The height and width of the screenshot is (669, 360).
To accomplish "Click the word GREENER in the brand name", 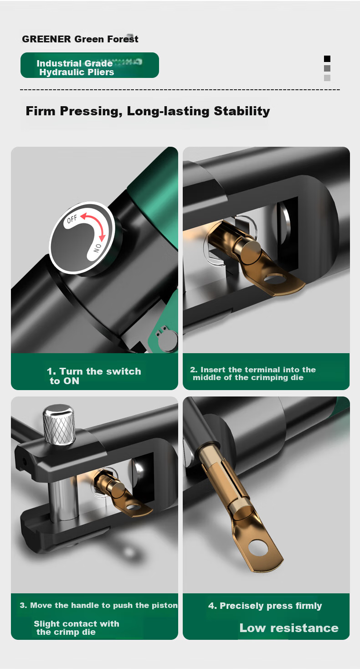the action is pyautogui.click(x=46, y=39).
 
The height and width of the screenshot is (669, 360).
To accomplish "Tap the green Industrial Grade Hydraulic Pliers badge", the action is pyautogui.click(x=90, y=65).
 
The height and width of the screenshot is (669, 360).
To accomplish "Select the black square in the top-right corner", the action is pyautogui.click(x=327, y=58).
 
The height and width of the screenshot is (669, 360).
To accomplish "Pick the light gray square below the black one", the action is pyautogui.click(x=327, y=78).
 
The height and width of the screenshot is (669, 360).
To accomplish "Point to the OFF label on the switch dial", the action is pyautogui.click(x=72, y=219).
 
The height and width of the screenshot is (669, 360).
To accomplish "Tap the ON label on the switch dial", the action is pyautogui.click(x=97, y=248).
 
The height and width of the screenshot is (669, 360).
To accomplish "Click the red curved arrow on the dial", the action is pyautogui.click(x=96, y=224).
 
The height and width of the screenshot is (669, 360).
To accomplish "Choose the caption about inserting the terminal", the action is pyautogui.click(x=253, y=373).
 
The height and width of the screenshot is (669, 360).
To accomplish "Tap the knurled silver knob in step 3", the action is pyautogui.click(x=59, y=424).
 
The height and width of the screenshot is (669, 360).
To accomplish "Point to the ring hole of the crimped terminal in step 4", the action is pyautogui.click(x=259, y=547).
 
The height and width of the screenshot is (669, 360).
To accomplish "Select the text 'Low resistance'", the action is pyautogui.click(x=289, y=628).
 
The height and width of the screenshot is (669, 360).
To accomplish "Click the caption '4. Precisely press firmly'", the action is pyautogui.click(x=265, y=606).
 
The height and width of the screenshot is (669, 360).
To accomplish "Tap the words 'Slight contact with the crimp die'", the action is pyautogui.click(x=76, y=628).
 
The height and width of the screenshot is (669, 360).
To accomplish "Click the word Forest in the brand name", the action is pyautogui.click(x=123, y=39).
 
